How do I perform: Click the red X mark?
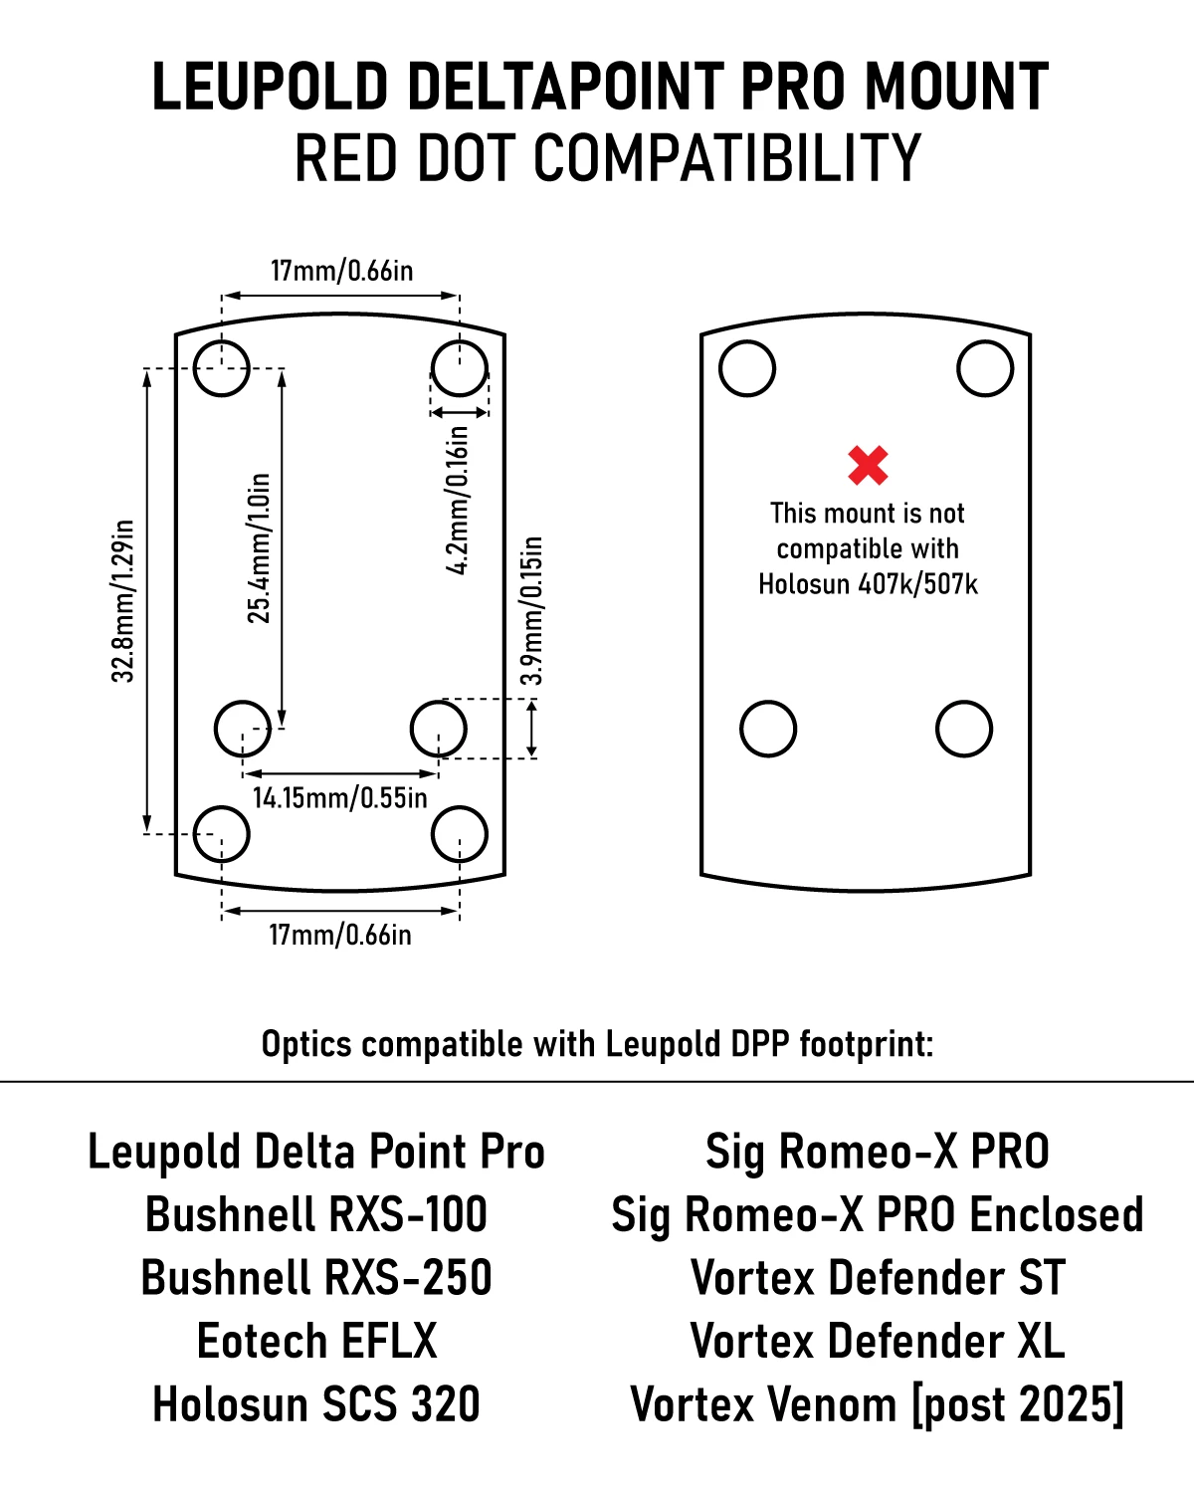click(868, 465)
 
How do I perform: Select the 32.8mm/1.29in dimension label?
click(122, 601)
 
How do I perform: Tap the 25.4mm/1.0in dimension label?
click(259, 548)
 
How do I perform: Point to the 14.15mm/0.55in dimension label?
click(339, 798)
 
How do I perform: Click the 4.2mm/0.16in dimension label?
click(457, 500)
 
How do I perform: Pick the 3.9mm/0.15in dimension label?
click(531, 611)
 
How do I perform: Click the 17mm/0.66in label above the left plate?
click(341, 271)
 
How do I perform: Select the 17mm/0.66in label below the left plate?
click(340, 936)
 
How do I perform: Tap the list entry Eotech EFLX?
click(317, 1342)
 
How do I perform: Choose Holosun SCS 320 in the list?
click(316, 1404)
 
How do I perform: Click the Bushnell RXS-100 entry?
click(316, 1214)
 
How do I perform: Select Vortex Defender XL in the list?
click(878, 1342)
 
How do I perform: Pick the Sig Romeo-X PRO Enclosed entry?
click(878, 1216)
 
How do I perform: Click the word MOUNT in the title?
click(956, 86)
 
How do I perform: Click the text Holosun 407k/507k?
click(868, 584)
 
